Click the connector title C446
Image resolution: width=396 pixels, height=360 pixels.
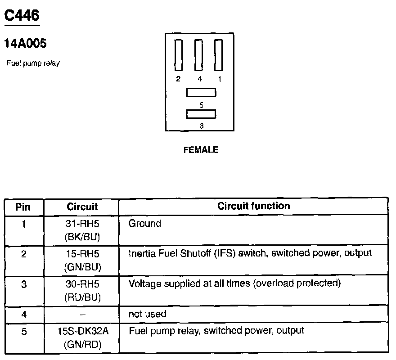[x=22, y=16]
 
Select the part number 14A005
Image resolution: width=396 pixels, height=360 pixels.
[x=25, y=44]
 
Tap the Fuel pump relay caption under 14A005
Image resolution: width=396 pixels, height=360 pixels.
[x=33, y=63]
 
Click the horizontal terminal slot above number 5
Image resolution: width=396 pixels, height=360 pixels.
[x=201, y=93]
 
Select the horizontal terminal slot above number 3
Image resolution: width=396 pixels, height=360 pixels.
[x=201, y=114]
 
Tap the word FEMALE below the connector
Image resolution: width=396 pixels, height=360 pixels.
[x=201, y=150]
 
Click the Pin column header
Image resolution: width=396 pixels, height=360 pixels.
[x=23, y=207]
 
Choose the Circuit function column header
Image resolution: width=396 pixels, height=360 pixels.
[x=253, y=206]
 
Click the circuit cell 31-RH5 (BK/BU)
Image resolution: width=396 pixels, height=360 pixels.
[x=82, y=229]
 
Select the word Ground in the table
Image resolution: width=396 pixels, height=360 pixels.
[x=144, y=223]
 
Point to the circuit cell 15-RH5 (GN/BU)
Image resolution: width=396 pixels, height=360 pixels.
[x=82, y=260]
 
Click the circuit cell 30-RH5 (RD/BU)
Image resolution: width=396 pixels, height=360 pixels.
[x=82, y=291]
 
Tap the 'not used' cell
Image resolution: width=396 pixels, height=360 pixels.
[x=147, y=314]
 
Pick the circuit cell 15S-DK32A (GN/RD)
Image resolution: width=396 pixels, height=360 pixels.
[x=82, y=337]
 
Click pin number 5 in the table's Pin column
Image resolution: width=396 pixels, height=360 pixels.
[x=23, y=332]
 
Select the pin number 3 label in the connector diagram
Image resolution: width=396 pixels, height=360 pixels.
[x=201, y=126]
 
